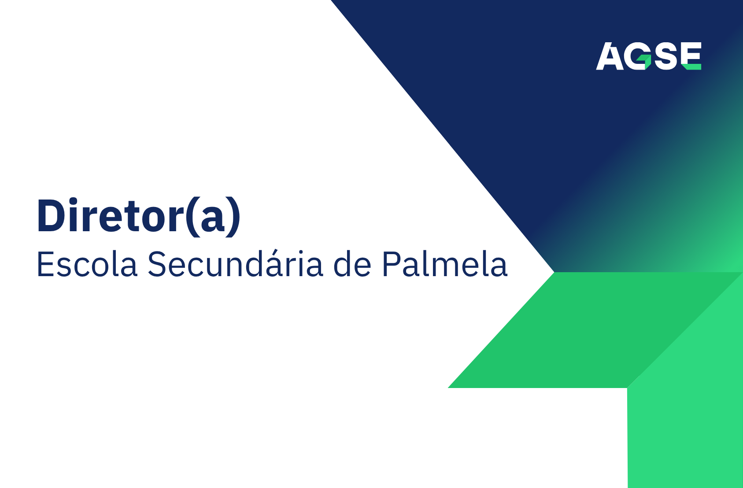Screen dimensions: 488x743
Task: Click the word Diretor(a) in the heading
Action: point(139,216)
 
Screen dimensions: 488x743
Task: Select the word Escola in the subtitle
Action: point(87,264)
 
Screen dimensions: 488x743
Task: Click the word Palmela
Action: point(444,264)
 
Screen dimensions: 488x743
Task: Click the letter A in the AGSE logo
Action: point(610,57)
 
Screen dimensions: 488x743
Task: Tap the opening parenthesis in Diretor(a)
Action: point(192,217)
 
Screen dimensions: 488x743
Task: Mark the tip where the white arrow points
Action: point(553,272)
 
